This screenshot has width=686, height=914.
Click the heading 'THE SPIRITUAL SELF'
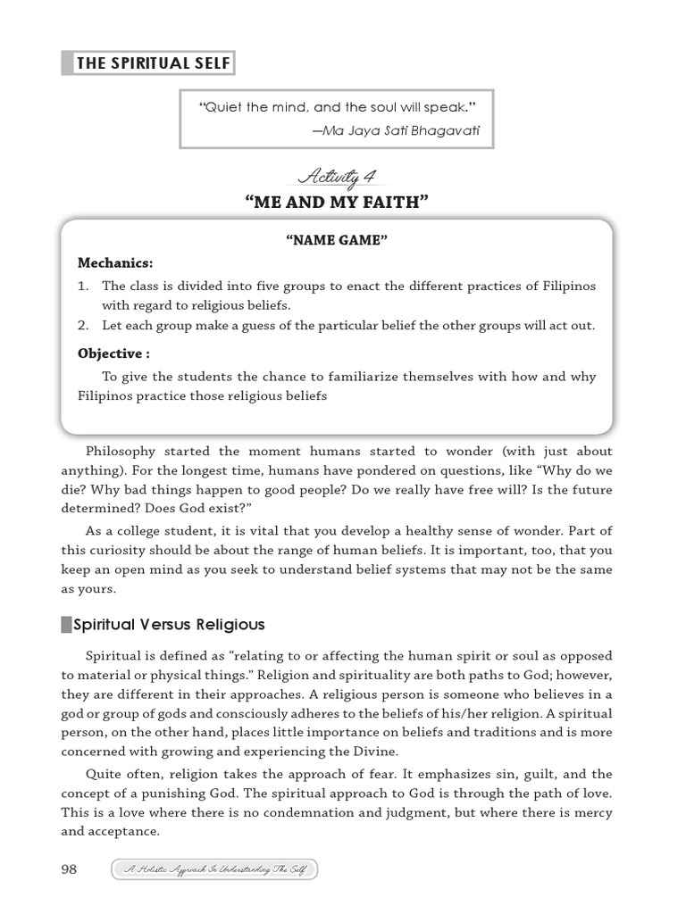153,63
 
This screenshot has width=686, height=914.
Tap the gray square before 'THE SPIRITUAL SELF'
67,63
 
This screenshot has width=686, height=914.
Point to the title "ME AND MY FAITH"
336,203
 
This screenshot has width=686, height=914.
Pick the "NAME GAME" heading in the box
336,240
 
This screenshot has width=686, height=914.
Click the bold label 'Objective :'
113,353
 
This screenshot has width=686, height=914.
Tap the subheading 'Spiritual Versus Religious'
170,625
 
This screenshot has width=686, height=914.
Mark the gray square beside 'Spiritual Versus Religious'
67,625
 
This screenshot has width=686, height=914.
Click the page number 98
71,869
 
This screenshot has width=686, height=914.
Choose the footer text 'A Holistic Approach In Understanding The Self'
214,870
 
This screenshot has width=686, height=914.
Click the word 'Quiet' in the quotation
224,107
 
